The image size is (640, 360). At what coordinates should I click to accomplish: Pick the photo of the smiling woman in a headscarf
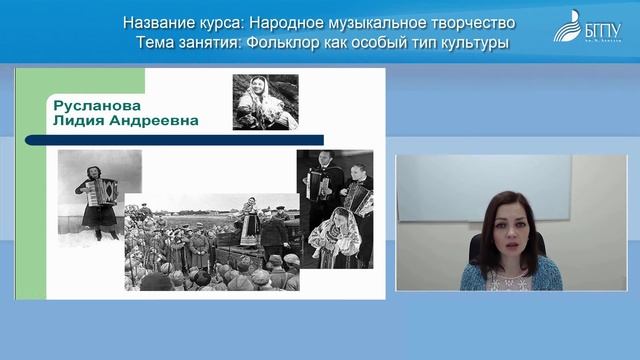pos(265,101)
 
